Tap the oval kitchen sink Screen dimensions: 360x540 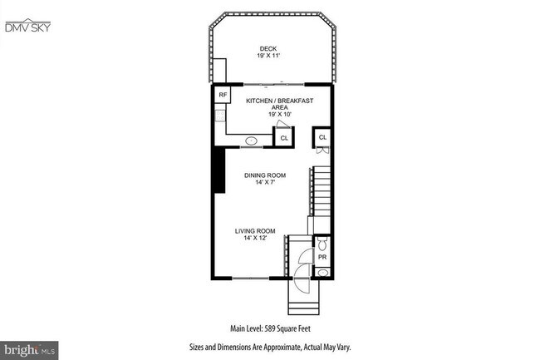pos(250,141)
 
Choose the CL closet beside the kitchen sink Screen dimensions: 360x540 pos(284,138)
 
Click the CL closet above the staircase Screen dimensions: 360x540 pos(322,137)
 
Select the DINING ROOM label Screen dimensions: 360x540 pos(265,175)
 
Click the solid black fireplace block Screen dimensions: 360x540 pos(218,169)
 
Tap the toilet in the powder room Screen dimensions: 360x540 pos(323,244)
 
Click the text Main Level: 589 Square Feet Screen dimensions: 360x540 pos(270,327)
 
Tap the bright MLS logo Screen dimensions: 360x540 pos(24,349)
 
